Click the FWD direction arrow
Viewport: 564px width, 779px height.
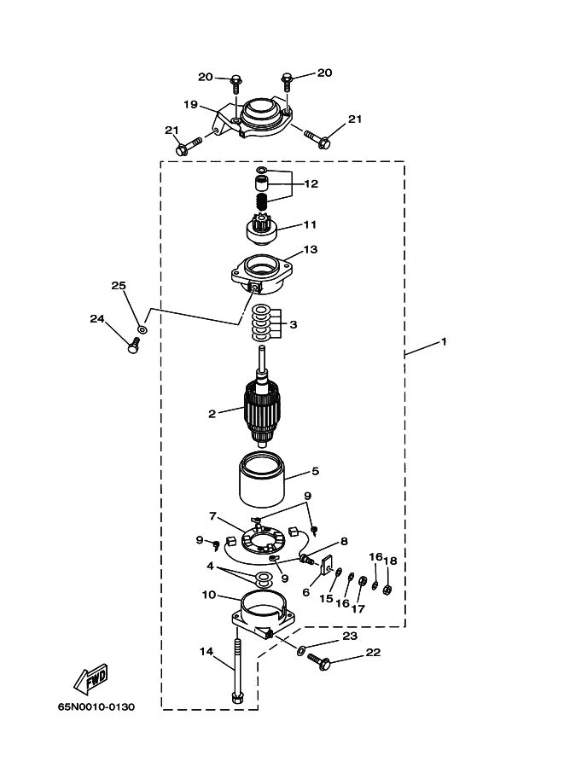click(x=91, y=678)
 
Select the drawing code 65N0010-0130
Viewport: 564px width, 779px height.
click(x=96, y=707)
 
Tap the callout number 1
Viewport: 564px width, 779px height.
click(x=444, y=342)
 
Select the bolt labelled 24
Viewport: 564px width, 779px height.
click(x=133, y=345)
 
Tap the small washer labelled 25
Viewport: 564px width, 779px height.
click(x=142, y=328)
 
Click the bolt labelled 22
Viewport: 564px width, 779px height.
click(x=318, y=661)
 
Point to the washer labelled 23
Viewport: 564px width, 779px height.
click(x=302, y=650)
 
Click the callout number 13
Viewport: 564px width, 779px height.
click(x=311, y=249)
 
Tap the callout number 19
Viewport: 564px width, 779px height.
click(x=191, y=104)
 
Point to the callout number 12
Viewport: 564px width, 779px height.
click(x=311, y=183)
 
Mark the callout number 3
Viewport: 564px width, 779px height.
click(x=294, y=324)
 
